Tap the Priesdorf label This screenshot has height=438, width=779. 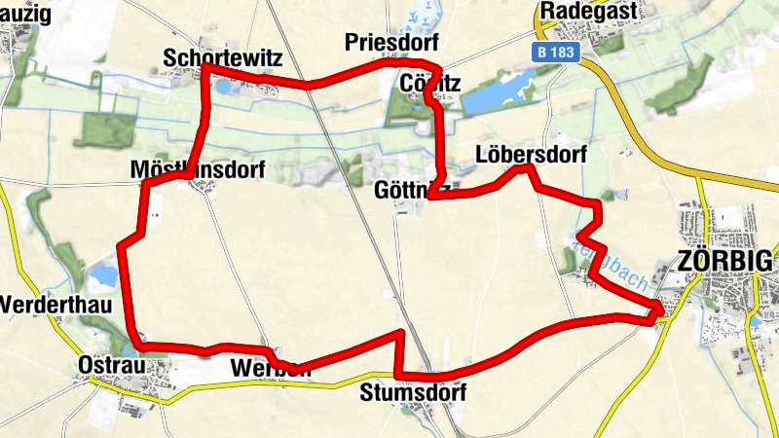pyautogui.click(x=391, y=43)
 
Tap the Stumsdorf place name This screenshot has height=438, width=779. pyautogui.click(x=413, y=393)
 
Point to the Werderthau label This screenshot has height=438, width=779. pyautogui.click(x=56, y=305)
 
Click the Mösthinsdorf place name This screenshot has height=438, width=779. pyautogui.click(x=198, y=170)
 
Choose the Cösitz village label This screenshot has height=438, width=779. pyautogui.click(x=429, y=84)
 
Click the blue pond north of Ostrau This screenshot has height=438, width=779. pyautogui.click(x=101, y=277)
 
